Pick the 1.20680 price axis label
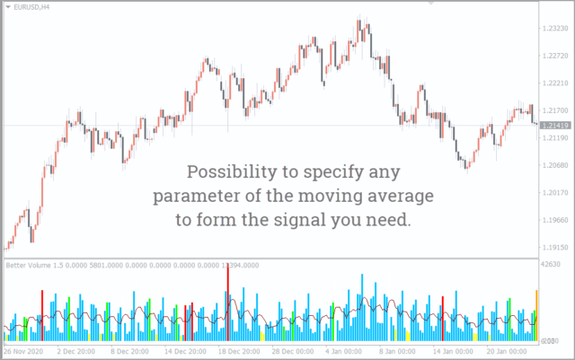tap(557, 166)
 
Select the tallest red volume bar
tap(228, 288)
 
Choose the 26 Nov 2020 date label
tap(24, 350)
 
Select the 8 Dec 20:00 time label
tap(130, 350)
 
